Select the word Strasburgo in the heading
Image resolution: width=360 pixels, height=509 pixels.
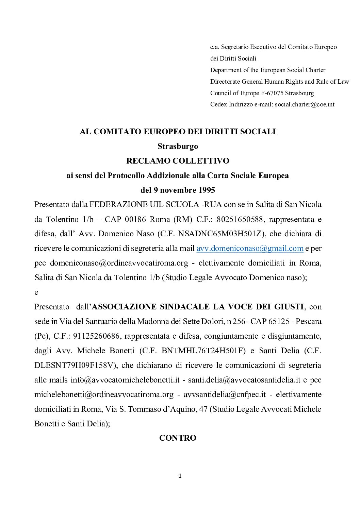[x=178, y=147]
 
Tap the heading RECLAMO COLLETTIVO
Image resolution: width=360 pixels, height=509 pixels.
[x=178, y=161]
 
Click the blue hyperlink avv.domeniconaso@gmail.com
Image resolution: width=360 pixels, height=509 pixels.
[x=250, y=248]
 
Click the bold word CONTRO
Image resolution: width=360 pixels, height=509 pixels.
[x=178, y=438]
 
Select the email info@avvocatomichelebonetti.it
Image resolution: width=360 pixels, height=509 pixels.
[x=125, y=380]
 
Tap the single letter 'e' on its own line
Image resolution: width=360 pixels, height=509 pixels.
[x=36, y=292]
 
